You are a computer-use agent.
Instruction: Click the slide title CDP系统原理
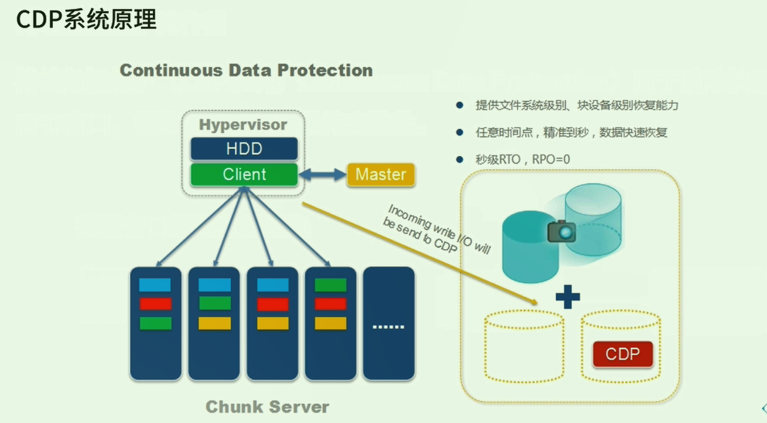[x=86, y=20]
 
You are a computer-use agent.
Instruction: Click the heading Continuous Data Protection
[x=246, y=71]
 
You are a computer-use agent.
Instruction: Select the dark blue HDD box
[x=244, y=149]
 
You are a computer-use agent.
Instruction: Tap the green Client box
[x=244, y=174]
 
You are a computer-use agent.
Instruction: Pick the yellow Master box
[x=381, y=174]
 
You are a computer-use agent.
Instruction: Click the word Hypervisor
[x=243, y=124]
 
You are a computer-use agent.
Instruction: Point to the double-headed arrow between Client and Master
[x=322, y=174]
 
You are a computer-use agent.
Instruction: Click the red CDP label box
[x=622, y=354]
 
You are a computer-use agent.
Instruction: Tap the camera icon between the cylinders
[x=562, y=231]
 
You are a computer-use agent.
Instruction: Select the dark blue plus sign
[x=568, y=297]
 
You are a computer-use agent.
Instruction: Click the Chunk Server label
[x=267, y=407]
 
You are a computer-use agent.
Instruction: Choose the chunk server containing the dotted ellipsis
[x=388, y=323]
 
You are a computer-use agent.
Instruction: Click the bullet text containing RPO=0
[x=523, y=159]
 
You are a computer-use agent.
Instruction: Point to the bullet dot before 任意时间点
[x=460, y=132]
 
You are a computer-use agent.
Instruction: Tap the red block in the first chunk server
[x=155, y=304]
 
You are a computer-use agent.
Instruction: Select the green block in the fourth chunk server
[x=331, y=285]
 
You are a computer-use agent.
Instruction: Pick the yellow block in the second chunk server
[x=214, y=323]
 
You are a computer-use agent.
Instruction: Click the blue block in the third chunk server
[x=273, y=285]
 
